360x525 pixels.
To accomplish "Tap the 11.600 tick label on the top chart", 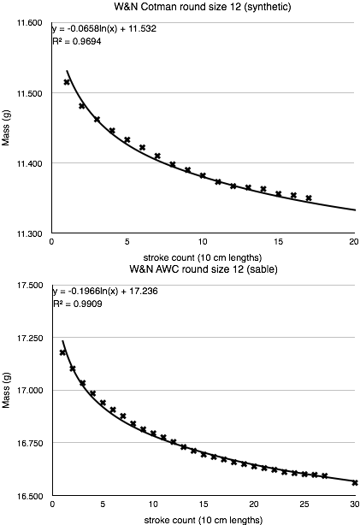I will pos(30,22).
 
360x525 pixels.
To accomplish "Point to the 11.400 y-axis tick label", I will pos(30,162).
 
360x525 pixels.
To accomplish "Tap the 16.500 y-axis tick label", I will pos(30,495).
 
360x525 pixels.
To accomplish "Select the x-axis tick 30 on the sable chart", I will pos(354,505).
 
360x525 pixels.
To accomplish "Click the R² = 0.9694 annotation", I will pos(80,41).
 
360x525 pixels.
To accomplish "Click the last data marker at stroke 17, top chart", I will pos(309,198).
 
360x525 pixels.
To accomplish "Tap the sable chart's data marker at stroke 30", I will pos(354,482).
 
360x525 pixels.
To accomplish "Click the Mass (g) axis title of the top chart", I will pos(7,128).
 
